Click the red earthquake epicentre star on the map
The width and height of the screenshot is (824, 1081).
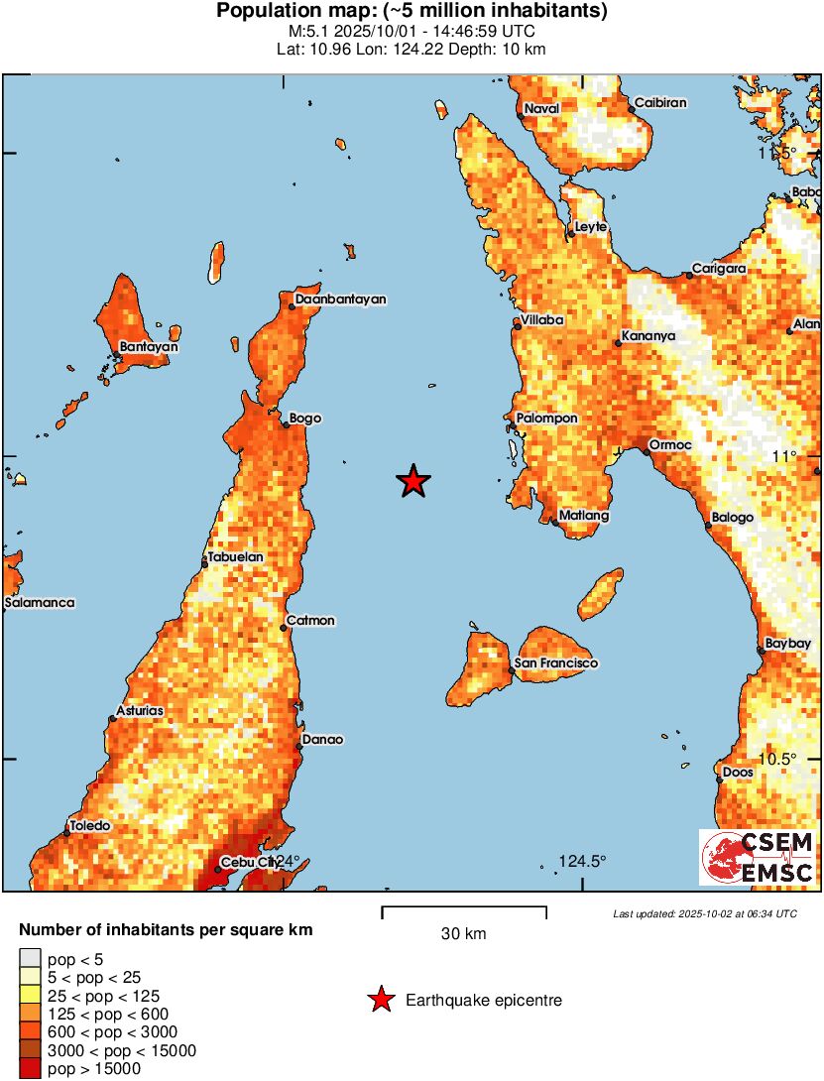(413, 482)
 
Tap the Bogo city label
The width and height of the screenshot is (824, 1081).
(305, 419)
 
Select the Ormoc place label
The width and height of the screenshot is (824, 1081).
(667, 444)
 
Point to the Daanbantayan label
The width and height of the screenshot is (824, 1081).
(340, 300)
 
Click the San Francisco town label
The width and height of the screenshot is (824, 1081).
(556, 662)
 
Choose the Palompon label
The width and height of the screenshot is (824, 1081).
(545, 419)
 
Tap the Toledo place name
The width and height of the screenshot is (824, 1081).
(89, 825)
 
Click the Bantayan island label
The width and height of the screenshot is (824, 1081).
(149, 347)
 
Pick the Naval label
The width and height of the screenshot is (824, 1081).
(541, 108)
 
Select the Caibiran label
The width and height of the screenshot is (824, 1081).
(660, 103)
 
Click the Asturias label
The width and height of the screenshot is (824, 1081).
(140, 711)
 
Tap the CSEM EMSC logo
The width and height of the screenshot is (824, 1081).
(758, 858)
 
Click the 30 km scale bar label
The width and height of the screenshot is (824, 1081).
(463, 934)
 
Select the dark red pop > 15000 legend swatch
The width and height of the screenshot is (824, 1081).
(30, 1068)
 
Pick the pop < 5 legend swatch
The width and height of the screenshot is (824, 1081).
(30, 959)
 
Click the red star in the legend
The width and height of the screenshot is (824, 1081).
(380, 1001)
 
